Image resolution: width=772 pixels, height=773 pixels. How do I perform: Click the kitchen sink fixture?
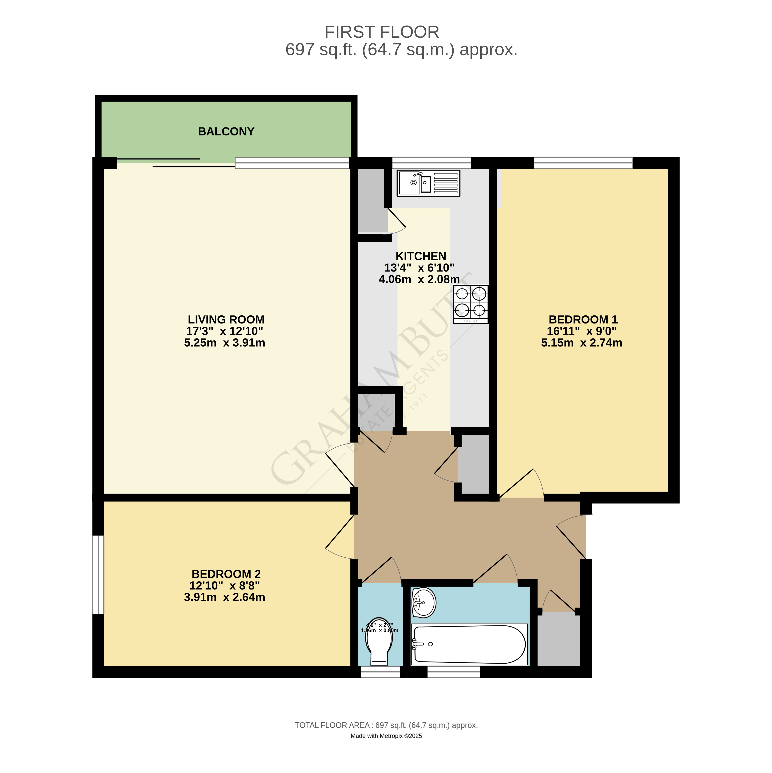pos(428,183)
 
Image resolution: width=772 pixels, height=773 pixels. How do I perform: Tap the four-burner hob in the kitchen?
pos(471,304)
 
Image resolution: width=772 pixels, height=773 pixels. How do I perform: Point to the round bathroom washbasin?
pos(424,603)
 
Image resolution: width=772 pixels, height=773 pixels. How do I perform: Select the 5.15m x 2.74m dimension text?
pos(582,343)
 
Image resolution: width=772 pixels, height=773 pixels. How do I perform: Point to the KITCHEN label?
pos(421,256)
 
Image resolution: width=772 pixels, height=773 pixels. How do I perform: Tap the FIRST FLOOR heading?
pos(382,32)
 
